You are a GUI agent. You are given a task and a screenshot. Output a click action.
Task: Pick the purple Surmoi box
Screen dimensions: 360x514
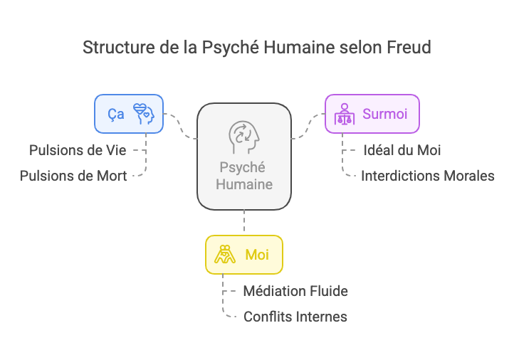[372, 114]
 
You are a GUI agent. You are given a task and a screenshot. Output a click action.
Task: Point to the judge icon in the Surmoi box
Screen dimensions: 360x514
[345, 114]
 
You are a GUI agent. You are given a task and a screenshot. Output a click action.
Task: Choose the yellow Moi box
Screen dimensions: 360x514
[243, 255]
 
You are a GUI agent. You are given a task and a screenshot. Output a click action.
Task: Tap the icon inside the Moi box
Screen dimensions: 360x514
[226, 255]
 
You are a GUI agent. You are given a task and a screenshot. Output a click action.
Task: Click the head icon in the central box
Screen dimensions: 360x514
[243, 137]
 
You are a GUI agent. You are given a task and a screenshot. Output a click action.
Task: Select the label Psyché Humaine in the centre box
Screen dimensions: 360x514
[243, 176]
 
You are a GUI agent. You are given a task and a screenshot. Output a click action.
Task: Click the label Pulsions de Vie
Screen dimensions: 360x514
[78, 151]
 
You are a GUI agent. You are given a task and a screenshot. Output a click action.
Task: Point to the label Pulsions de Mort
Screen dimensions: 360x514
[73, 176]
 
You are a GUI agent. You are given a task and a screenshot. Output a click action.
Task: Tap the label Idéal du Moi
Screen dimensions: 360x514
[402, 151]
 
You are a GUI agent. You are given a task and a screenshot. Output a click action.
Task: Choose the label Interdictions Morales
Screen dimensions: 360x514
[427, 176]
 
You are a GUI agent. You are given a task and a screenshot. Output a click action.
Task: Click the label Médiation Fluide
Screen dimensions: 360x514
[295, 291]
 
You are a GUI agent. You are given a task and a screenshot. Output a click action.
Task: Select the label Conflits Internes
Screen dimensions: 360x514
[295, 317]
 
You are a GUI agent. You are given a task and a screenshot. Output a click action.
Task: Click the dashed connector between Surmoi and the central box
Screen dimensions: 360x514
[308, 126]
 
